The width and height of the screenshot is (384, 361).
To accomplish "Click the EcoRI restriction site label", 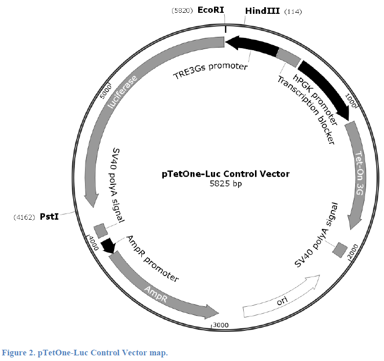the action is click(x=210, y=10).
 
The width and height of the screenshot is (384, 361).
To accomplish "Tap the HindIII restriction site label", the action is click(x=262, y=11).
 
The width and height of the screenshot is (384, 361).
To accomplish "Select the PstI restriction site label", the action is click(x=49, y=217).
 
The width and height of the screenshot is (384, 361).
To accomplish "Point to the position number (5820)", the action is click(x=182, y=11).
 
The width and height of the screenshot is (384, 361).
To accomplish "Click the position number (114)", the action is click(x=293, y=11).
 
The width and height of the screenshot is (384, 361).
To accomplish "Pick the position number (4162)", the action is click(x=24, y=217).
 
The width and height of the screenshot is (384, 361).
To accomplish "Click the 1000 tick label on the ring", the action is click(x=350, y=100).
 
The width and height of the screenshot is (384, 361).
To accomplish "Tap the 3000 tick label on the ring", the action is click(x=221, y=325).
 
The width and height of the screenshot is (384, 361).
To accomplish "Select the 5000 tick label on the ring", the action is click(x=106, y=92).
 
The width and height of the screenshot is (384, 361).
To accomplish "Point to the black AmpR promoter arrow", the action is click(x=108, y=245).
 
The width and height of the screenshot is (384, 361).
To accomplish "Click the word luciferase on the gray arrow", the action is click(x=123, y=92).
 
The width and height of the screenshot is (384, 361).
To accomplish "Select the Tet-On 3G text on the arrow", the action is click(x=359, y=173).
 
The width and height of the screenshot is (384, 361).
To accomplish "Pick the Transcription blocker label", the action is click(x=306, y=110).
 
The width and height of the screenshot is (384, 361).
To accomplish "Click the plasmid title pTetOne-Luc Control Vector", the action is click(x=226, y=174).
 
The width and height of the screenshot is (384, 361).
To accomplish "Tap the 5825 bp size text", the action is click(x=226, y=184).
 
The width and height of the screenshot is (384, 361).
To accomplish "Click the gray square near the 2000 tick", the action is click(x=340, y=250).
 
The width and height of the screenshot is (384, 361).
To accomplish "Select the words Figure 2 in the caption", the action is click(x=17, y=353).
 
